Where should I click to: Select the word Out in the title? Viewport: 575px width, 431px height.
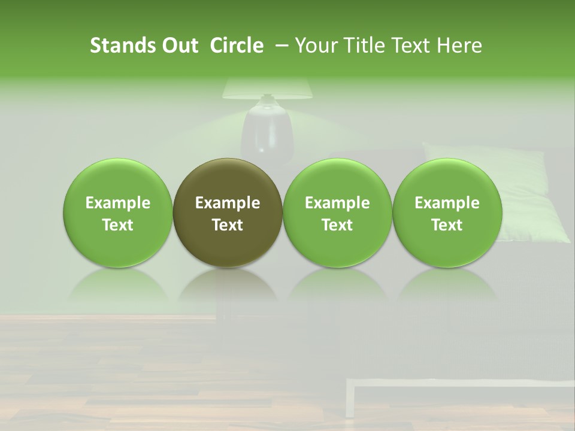click(180, 45)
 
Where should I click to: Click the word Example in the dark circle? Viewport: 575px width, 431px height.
click(228, 203)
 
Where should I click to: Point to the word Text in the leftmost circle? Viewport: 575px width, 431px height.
click(118, 225)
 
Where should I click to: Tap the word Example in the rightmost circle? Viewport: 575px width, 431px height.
click(447, 203)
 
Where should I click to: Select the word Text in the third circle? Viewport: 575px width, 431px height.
click(337, 225)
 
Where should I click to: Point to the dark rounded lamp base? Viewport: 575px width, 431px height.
click(267, 132)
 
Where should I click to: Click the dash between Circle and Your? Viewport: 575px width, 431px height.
click(279, 45)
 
